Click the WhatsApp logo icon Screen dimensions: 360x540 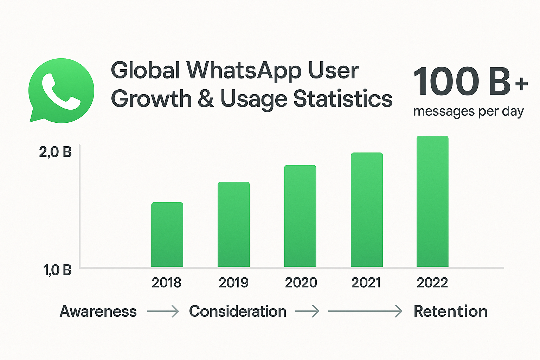tap(62, 90)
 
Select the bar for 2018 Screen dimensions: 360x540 tap(167, 234)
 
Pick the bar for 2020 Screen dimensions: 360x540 tap(300, 216)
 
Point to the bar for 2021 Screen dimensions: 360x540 tap(367, 210)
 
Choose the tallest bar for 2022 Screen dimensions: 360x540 tap(432, 201)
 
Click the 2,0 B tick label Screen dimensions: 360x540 tap(56, 152)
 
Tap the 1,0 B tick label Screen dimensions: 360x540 tap(57, 270)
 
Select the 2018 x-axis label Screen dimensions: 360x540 tap(166, 283)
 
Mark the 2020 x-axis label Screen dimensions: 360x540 tap(301, 283)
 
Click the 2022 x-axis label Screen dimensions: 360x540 tap(432, 283)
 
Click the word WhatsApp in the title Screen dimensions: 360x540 tap(244, 71)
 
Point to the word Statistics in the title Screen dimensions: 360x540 tap(343, 99)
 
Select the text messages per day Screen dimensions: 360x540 tap(468, 111)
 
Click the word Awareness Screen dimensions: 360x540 tap(98, 311)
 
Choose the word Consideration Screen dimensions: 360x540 tap(238, 311)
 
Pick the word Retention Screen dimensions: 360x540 tap(450, 311)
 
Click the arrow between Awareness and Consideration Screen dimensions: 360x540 tap(163, 311)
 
